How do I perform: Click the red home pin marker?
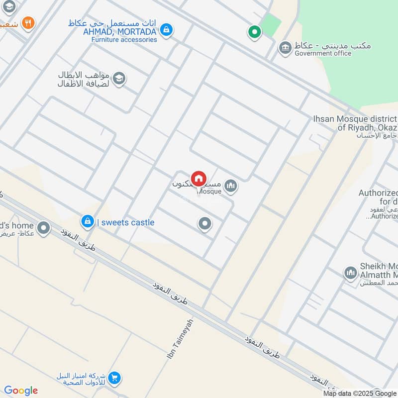pos(199,179)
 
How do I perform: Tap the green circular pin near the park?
pos(255,33)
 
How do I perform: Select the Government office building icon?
pos(285,48)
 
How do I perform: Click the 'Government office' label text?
pos(323,54)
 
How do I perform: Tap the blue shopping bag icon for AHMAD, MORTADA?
pos(167,30)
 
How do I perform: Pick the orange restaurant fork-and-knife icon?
pos(28,23)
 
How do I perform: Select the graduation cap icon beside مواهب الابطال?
pos(118,78)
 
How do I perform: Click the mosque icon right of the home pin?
pos(230,187)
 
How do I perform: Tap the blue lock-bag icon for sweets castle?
pos(88,221)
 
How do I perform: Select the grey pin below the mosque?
pos(204,224)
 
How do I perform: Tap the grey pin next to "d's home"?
pos(44,228)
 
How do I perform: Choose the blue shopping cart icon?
pos(114,379)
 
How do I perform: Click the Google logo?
pos(21,391)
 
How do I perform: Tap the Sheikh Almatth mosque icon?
pos(350,273)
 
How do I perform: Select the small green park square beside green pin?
pos(270,24)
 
